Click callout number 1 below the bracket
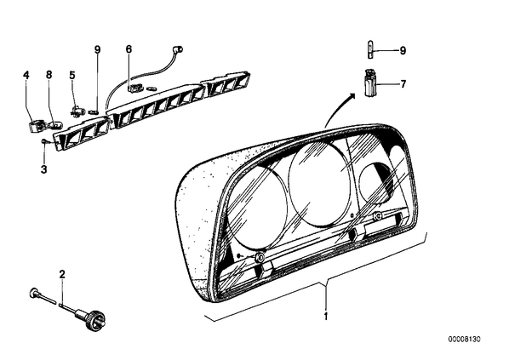(x=326, y=316)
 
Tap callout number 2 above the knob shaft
(x=62, y=274)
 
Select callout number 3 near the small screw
(x=43, y=169)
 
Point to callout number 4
(x=26, y=75)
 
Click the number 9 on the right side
(x=403, y=51)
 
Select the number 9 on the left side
(x=97, y=49)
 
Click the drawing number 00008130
(x=464, y=340)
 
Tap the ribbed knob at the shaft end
(x=96, y=321)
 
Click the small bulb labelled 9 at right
(x=370, y=49)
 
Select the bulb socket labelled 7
(x=369, y=83)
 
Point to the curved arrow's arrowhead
(x=351, y=96)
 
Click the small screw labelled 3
(x=45, y=141)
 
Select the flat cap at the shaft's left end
(x=33, y=293)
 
